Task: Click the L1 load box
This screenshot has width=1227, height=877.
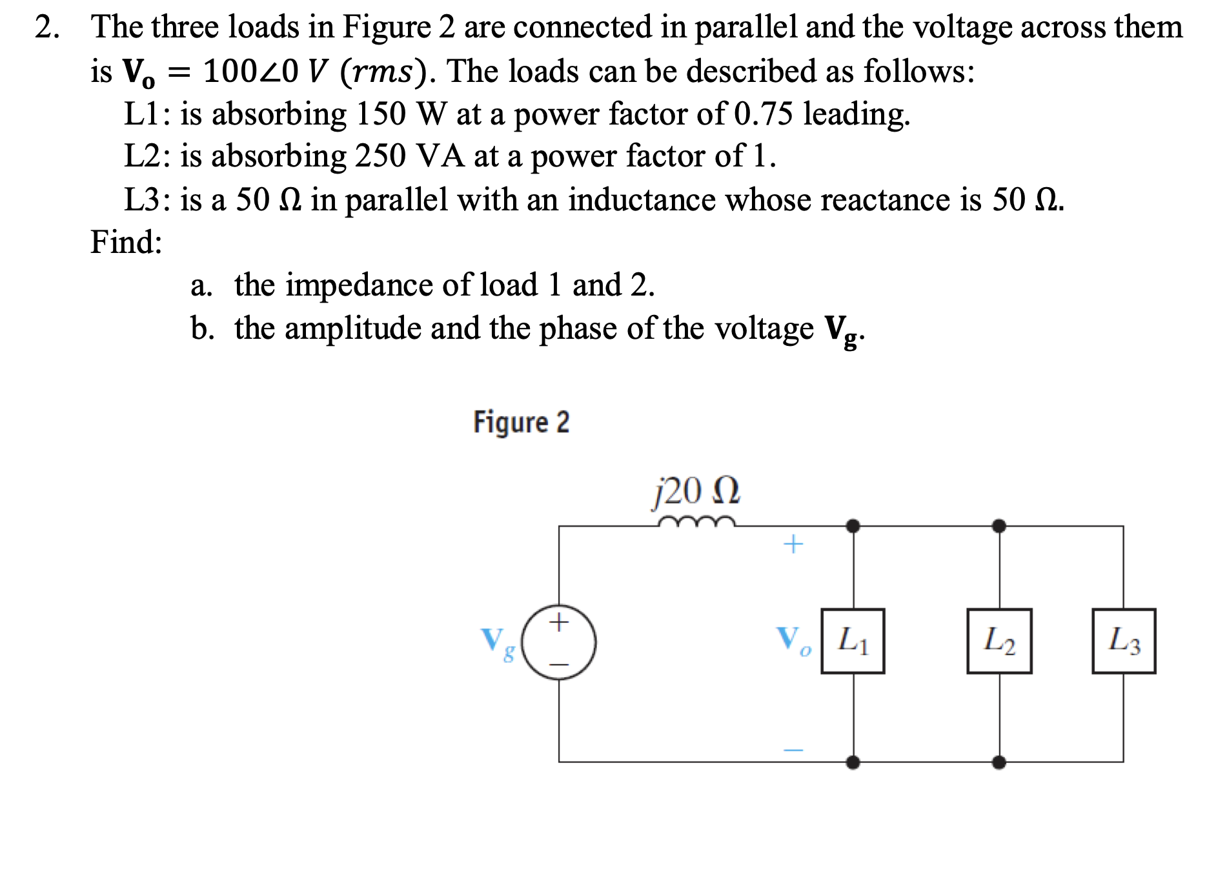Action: click(x=853, y=641)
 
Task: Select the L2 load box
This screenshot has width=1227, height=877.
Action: click(x=999, y=641)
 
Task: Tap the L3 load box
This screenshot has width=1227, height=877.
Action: click(x=1124, y=641)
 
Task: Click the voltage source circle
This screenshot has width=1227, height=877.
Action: click(x=559, y=642)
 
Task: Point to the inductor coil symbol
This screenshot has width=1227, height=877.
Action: click(x=696, y=521)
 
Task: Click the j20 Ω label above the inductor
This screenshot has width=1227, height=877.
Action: click(x=696, y=491)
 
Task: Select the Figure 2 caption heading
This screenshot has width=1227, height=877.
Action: click(x=522, y=422)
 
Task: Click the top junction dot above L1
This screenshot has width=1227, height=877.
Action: click(x=853, y=526)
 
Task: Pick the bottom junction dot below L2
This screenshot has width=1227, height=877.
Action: click(x=999, y=762)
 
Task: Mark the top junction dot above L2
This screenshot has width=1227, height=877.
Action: click(x=999, y=526)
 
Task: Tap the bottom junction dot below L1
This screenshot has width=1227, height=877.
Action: click(x=853, y=762)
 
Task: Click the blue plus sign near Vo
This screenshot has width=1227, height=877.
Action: click(x=793, y=544)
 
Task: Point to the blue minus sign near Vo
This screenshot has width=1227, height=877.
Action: click(x=793, y=750)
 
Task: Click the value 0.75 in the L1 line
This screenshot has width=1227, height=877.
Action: click(x=764, y=114)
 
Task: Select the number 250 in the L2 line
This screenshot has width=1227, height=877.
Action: click(x=380, y=156)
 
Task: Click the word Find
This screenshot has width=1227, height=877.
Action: click(x=126, y=242)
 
